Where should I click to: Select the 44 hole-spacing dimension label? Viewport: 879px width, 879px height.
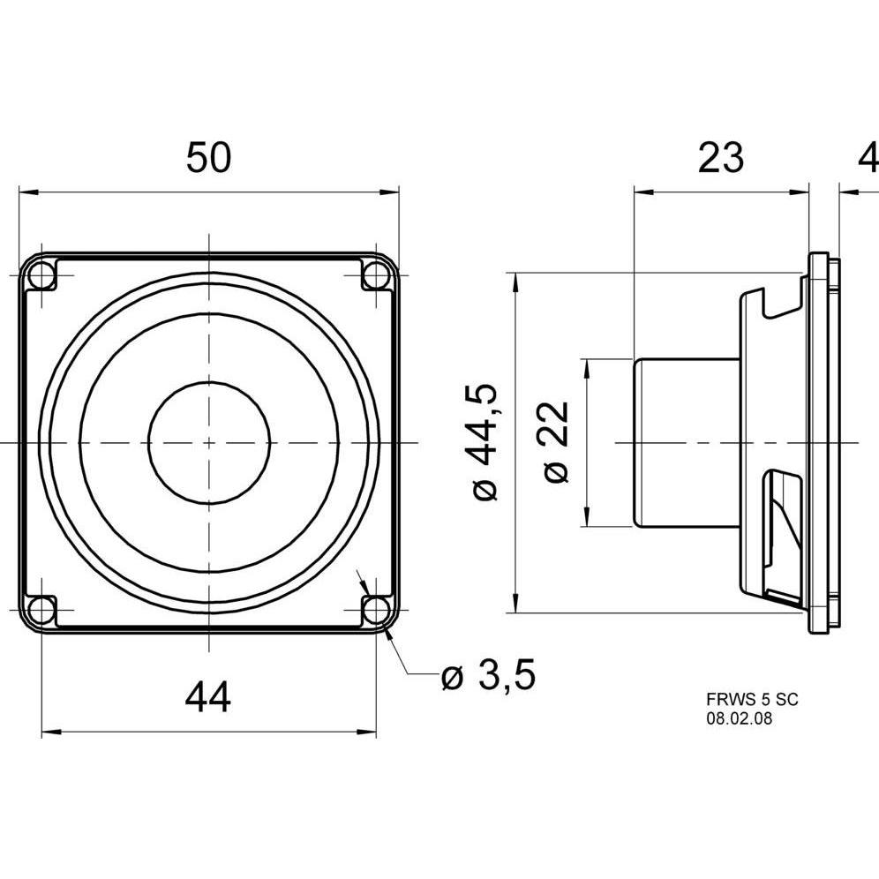coord(207,697)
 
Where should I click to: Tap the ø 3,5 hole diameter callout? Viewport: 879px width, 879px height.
coord(488,674)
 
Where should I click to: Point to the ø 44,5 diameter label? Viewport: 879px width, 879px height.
coord(482,442)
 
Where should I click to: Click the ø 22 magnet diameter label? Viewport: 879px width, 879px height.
coord(556,442)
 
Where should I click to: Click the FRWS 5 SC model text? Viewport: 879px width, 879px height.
coord(752,699)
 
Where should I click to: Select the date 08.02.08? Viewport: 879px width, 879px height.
coord(739,718)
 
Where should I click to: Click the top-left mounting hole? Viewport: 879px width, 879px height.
coord(42,275)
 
